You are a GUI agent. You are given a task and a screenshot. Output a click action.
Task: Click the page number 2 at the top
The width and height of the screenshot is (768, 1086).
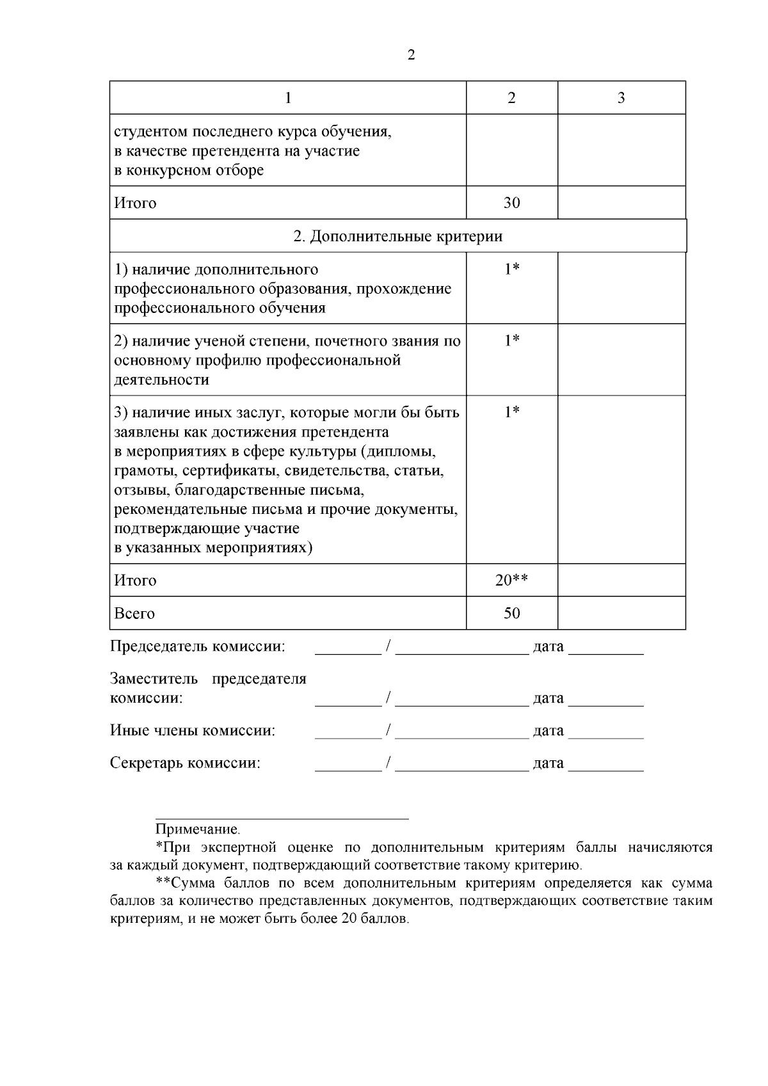(411, 55)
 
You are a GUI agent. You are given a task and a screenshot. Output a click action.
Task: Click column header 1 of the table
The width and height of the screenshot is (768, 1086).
(288, 98)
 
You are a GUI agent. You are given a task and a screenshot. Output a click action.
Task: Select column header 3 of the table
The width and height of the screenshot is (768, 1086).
(621, 98)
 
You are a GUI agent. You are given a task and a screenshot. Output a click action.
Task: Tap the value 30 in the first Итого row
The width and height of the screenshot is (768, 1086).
(511, 203)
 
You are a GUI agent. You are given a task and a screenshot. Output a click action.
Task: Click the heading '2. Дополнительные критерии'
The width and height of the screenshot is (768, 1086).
(398, 236)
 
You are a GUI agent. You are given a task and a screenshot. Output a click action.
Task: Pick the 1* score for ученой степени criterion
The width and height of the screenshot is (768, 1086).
(511, 340)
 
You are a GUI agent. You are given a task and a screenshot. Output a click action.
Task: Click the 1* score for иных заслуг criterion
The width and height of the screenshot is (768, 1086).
(511, 412)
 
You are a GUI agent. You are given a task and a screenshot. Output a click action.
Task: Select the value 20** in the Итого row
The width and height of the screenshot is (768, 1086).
(511, 580)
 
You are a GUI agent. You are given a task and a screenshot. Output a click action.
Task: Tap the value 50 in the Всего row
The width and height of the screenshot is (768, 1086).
(511, 613)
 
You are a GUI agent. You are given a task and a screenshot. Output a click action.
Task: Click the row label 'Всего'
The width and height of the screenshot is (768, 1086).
(134, 613)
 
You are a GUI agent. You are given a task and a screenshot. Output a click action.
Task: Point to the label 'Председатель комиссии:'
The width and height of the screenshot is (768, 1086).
(197, 646)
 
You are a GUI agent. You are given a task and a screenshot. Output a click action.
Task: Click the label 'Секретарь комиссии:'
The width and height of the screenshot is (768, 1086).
(185, 763)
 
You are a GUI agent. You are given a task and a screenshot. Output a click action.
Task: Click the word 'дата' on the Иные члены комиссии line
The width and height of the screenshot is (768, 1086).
(548, 731)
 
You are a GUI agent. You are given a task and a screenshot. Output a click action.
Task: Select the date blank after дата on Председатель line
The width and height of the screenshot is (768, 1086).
(605, 650)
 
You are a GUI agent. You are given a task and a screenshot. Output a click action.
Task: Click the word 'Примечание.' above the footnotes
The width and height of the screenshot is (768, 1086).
(198, 830)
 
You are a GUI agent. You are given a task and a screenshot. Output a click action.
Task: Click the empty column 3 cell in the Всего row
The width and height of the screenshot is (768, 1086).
(621, 613)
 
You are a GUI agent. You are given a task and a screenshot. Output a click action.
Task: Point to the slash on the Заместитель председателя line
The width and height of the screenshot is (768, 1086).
(388, 698)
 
